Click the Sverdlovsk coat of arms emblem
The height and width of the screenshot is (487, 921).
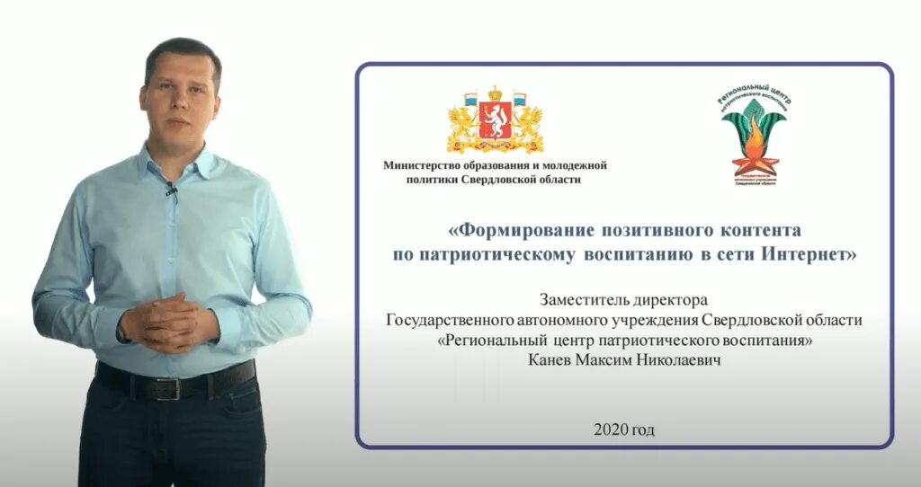(x=496, y=120)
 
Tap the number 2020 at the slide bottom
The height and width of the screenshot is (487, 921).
(x=609, y=429)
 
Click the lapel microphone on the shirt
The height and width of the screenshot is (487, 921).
(x=169, y=190)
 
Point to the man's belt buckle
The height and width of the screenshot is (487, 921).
(x=171, y=386)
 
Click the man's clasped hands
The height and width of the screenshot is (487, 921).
(x=171, y=322)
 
